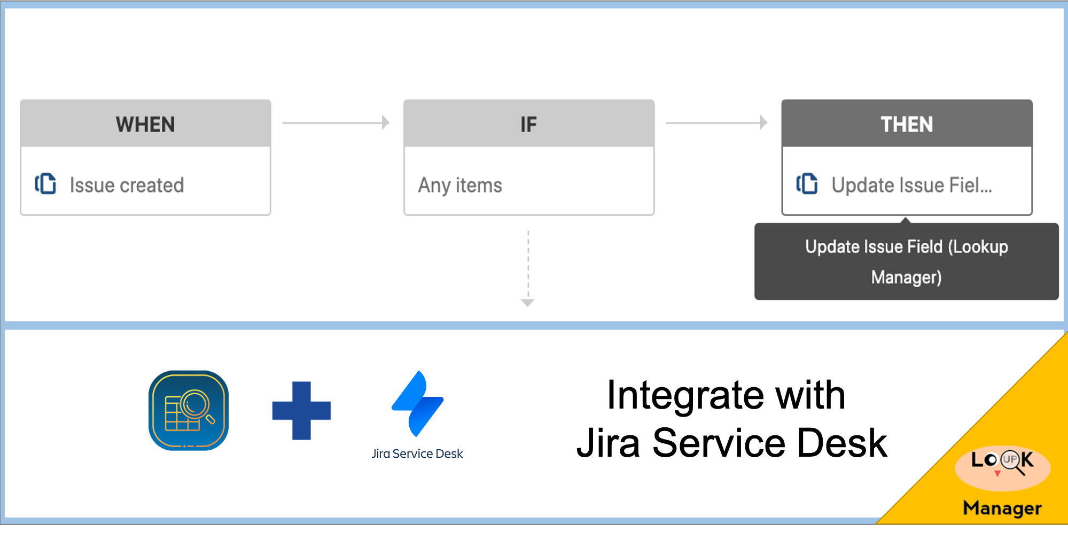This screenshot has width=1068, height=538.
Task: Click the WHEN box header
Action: click(145, 124)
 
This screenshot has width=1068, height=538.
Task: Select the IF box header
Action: click(528, 124)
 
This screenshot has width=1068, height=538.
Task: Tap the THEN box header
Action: click(906, 124)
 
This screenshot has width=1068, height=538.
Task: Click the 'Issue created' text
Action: click(127, 185)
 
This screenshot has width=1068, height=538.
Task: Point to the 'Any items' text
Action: click(460, 185)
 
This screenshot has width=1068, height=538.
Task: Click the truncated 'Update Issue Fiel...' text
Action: click(911, 185)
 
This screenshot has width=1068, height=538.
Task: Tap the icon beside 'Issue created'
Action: click(45, 183)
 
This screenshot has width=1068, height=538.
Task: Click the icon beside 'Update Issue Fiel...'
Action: click(807, 183)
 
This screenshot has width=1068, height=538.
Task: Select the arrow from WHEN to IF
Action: click(336, 122)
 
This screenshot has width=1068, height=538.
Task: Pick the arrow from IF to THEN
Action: click(716, 122)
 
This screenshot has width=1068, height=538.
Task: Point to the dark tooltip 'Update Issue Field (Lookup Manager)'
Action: click(906, 262)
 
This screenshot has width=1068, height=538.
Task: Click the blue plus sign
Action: click(301, 411)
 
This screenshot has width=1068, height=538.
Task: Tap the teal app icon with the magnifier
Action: click(189, 411)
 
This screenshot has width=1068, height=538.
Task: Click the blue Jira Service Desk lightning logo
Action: click(417, 404)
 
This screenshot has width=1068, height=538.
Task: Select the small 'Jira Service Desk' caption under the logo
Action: click(417, 454)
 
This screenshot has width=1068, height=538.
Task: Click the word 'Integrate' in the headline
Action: click(685, 396)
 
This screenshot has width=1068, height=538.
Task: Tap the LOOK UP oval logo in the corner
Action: click(1002, 467)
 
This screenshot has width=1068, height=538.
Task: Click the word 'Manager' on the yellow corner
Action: click(1002, 508)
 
